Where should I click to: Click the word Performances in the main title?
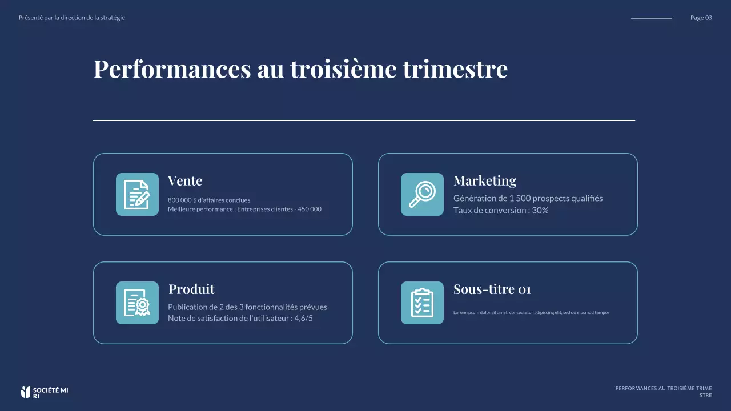(172, 69)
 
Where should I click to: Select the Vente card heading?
(185, 181)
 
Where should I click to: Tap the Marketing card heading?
(484, 181)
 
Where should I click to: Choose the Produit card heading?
(191, 289)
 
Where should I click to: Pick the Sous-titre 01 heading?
(492, 289)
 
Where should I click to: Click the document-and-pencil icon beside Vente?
(137, 195)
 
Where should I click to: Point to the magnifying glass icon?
(422, 195)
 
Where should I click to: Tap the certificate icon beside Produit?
(137, 303)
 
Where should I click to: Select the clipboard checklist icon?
(422, 303)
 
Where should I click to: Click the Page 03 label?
(701, 18)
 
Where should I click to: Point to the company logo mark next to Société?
(25, 392)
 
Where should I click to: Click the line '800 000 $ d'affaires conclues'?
(209, 200)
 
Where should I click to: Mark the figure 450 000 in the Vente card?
(310, 209)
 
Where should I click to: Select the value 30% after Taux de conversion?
(540, 211)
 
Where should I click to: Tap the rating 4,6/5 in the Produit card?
(303, 319)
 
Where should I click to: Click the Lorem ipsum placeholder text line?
(531, 313)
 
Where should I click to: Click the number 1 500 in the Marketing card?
(520, 199)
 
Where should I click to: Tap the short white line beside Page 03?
(651, 18)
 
